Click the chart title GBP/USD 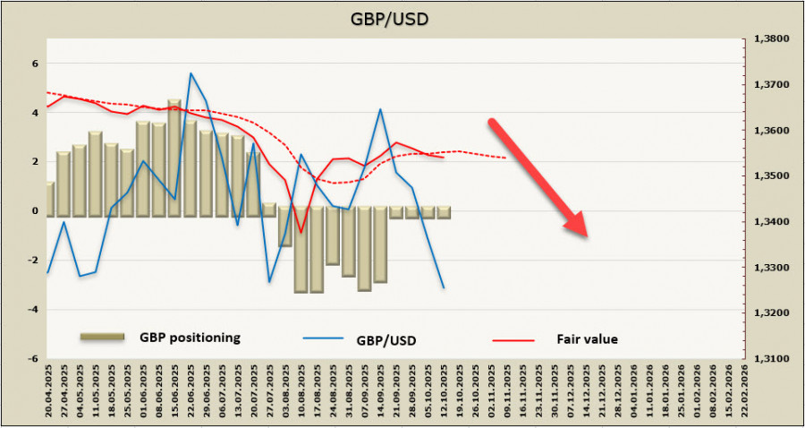(402, 18)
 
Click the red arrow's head (577, 227)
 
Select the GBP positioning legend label (190, 338)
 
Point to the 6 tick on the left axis (35, 64)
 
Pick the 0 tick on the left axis (35, 211)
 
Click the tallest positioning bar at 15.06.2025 (175, 157)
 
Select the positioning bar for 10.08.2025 (301, 251)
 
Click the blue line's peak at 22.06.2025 (191, 73)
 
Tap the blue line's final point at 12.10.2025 (444, 287)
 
